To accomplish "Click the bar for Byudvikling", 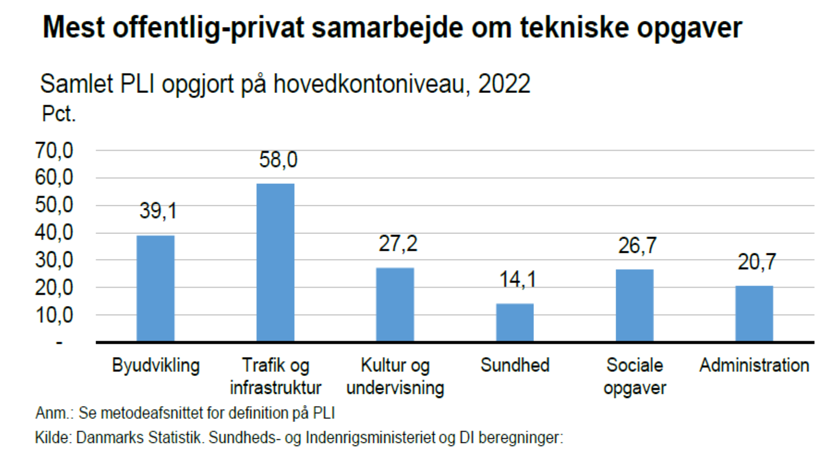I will pos(155,288).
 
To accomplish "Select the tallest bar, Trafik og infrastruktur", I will pos(275,263).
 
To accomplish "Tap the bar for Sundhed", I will pos(515,322).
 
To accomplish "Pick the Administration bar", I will pos(754,313).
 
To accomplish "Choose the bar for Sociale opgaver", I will pos(634,305).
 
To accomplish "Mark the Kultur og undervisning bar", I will pos(395,304).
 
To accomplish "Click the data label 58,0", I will pos(278,160).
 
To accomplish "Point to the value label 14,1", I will pos(517,279).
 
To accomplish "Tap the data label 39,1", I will pos(158,211).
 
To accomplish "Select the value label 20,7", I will pos(757,262).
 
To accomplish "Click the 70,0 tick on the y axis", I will pos(54,150).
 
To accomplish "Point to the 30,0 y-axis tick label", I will pos(54,260).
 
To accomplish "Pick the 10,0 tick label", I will pos(54,315).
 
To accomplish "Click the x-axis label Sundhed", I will pos(515,365).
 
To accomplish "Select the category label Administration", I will pos(754,365).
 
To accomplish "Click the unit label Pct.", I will pos(59,114).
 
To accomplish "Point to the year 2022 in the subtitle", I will pos(504,84).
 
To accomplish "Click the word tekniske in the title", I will pos(574,27).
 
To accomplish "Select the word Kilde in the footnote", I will pos(53,437).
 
